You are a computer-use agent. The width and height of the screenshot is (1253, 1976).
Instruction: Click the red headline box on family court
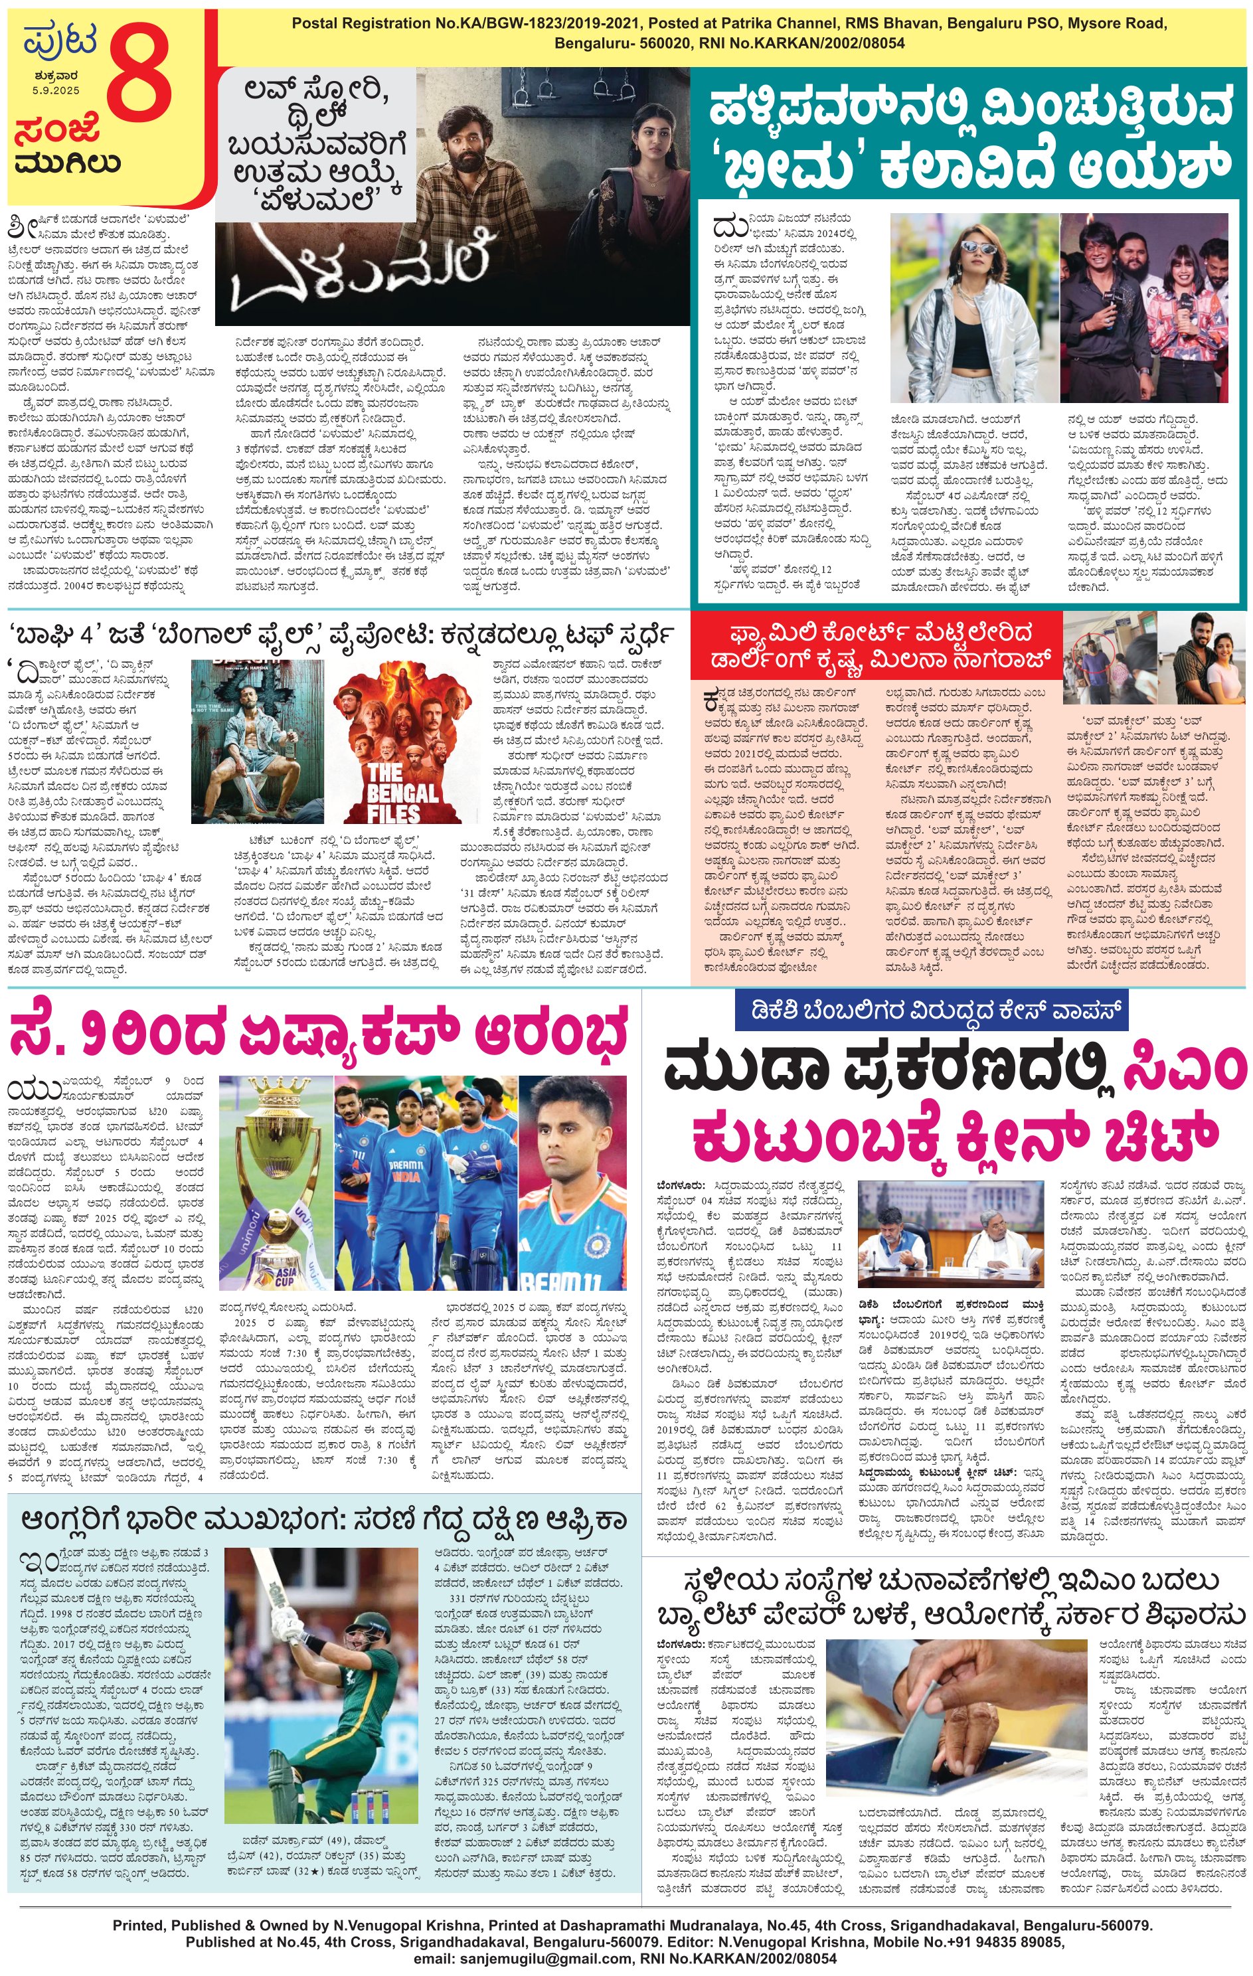[x=874, y=646]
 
